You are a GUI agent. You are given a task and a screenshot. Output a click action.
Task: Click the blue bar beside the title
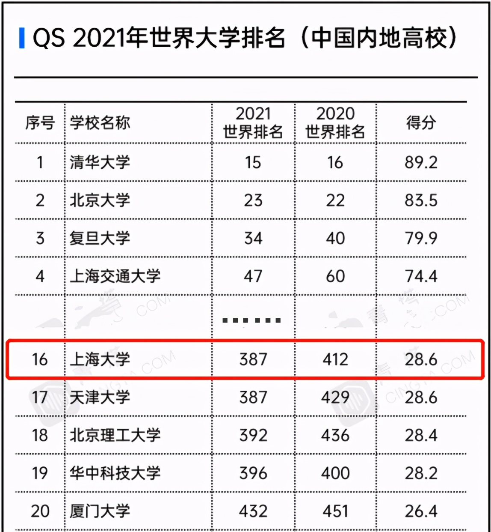click(22, 38)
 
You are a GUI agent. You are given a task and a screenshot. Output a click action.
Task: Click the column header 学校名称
click(100, 123)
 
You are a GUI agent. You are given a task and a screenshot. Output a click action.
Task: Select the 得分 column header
click(421, 123)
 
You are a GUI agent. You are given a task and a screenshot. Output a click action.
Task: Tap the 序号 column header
click(40, 123)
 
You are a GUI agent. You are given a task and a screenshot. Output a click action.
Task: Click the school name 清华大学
click(100, 162)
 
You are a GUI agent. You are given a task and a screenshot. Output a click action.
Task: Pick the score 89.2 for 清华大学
click(421, 162)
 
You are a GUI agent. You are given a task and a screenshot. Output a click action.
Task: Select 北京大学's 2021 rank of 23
click(253, 200)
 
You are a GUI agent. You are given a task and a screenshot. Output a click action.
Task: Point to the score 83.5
click(421, 200)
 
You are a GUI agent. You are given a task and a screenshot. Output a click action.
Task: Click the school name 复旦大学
click(100, 238)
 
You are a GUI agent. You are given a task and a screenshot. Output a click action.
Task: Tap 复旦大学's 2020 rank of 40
click(335, 238)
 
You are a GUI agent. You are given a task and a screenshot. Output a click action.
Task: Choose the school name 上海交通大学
click(115, 276)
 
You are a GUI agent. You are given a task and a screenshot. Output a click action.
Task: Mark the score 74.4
click(421, 276)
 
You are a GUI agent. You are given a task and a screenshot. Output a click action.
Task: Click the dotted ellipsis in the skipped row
click(252, 320)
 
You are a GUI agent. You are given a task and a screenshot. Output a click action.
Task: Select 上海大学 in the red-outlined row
click(100, 359)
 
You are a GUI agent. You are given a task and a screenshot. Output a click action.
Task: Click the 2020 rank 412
click(335, 359)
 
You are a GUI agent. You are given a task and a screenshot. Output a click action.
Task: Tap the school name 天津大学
click(100, 398)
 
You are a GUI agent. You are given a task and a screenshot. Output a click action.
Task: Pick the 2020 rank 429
click(335, 398)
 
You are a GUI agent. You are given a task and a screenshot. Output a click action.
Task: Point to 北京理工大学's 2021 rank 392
click(253, 435)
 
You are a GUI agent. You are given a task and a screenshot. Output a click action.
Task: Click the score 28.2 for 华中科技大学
click(421, 473)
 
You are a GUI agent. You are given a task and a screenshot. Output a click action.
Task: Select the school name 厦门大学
click(100, 511)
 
